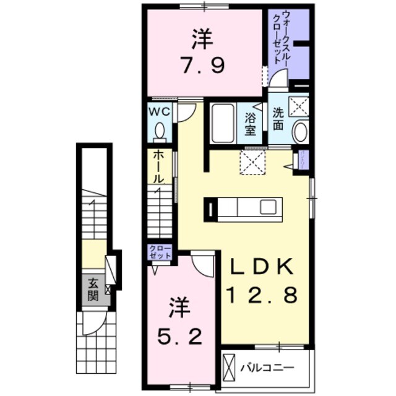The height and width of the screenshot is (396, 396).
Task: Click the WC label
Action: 160,113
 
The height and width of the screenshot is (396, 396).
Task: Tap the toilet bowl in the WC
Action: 160,131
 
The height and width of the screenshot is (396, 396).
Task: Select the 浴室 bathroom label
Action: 251,123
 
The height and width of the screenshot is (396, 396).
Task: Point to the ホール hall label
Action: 159,166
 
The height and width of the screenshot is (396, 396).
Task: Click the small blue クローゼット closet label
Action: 160,251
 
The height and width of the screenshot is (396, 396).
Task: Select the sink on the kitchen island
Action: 267,207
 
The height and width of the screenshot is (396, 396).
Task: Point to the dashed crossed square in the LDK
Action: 252,163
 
